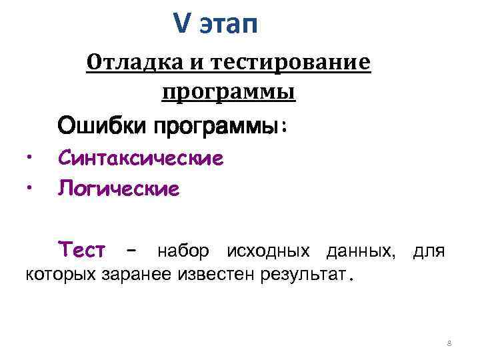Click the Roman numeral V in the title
pyautogui.click(x=181, y=24)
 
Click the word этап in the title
pyautogui.click(x=227, y=25)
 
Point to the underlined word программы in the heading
pyautogui.click(x=228, y=91)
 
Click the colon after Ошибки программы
pyautogui.click(x=285, y=126)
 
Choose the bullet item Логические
pyautogui.click(x=119, y=189)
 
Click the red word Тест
pyautogui.click(x=81, y=251)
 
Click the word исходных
pyautogui.click(x=268, y=251)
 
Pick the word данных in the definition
pyautogui.click(x=359, y=251)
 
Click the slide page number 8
pyautogui.click(x=449, y=343)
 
